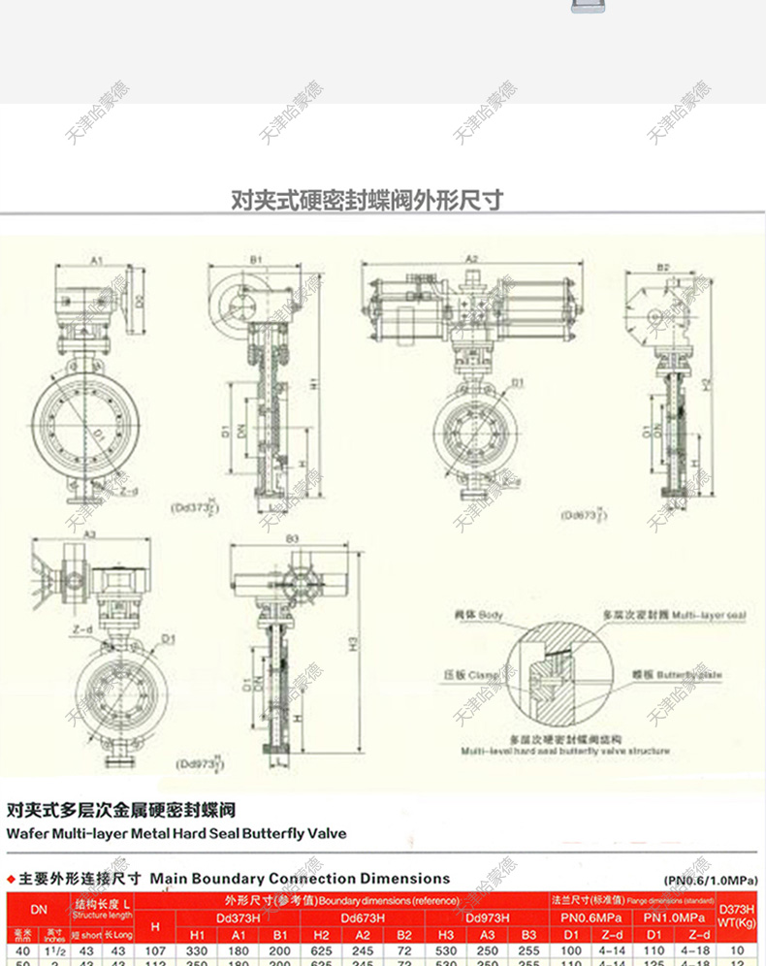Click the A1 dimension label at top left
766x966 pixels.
tap(97, 260)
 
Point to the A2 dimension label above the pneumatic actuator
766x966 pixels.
tap(472, 259)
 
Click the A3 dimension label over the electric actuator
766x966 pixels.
tap(89, 534)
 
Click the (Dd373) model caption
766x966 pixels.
tap(194, 506)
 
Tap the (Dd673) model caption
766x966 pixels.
tap(585, 515)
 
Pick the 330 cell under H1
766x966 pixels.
tap(196, 951)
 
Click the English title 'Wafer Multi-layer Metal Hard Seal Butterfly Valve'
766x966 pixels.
tap(176, 833)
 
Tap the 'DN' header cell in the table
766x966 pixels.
tap(38, 910)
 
